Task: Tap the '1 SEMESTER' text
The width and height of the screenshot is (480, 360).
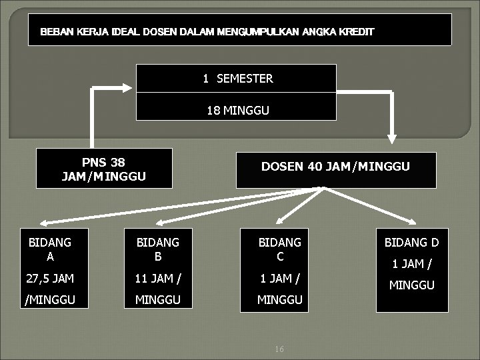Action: (238, 79)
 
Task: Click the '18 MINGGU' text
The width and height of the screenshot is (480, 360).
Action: (238, 110)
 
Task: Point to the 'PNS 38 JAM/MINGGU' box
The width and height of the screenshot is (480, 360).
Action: (103, 169)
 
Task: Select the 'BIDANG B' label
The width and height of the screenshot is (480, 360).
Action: (158, 249)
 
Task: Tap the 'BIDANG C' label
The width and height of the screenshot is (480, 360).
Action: (280, 249)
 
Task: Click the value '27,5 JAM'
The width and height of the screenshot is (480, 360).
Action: (49, 278)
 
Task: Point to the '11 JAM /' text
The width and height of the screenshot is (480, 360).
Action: (158, 278)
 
